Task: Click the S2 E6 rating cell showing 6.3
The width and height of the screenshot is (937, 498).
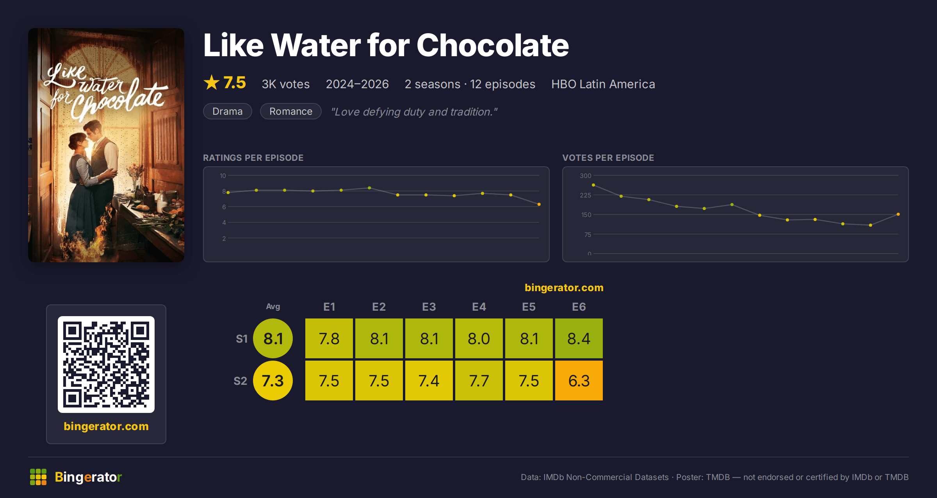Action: tap(579, 381)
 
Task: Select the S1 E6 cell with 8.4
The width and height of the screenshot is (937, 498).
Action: tap(579, 338)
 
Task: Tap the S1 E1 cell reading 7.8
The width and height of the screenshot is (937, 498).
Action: tap(329, 338)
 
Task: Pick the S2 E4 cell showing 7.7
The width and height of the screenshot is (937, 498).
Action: tap(479, 381)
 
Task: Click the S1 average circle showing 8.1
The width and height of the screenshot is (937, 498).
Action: tap(273, 338)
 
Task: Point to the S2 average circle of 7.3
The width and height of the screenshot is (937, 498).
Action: tap(273, 381)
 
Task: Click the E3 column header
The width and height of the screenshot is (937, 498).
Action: tap(429, 307)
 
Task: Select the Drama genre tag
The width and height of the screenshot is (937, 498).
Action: tap(228, 111)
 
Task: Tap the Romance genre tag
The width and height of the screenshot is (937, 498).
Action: tap(291, 111)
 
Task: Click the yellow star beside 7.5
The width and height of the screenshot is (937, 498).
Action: tap(212, 82)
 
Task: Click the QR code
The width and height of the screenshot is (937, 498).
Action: tap(106, 365)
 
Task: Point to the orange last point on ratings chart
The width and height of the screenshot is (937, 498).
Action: tap(539, 204)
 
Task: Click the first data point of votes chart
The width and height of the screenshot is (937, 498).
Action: tap(593, 185)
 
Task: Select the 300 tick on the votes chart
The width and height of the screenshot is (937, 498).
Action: tap(585, 176)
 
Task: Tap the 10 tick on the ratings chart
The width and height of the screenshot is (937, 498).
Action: tap(223, 176)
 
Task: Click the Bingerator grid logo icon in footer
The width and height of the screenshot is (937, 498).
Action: tap(38, 477)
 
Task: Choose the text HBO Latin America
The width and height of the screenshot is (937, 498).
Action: tap(603, 84)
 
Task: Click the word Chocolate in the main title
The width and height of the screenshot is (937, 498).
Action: tap(493, 45)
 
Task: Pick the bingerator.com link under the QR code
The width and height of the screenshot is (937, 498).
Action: tap(106, 426)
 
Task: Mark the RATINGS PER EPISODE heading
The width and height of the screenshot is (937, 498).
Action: tap(253, 158)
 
